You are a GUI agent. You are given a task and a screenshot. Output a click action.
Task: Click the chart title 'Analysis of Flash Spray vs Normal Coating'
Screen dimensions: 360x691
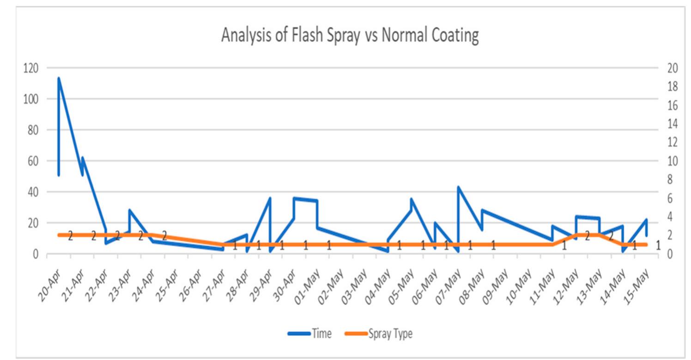tap(350, 36)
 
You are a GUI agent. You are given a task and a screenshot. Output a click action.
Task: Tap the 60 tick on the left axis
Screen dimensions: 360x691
tap(32, 161)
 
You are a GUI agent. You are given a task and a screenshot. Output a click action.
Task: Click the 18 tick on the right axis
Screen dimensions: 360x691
tap(672, 86)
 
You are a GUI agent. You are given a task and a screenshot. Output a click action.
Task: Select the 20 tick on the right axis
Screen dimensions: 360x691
tap(672, 68)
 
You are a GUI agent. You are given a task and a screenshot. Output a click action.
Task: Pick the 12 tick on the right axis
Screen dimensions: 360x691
tap(672, 142)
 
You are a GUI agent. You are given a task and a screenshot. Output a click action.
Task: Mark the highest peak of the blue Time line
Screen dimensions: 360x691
tap(59, 78)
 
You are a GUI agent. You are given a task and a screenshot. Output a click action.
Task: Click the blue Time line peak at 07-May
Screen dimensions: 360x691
tap(458, 187)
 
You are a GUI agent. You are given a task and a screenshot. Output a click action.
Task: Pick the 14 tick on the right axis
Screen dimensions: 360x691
tap(672, 124)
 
